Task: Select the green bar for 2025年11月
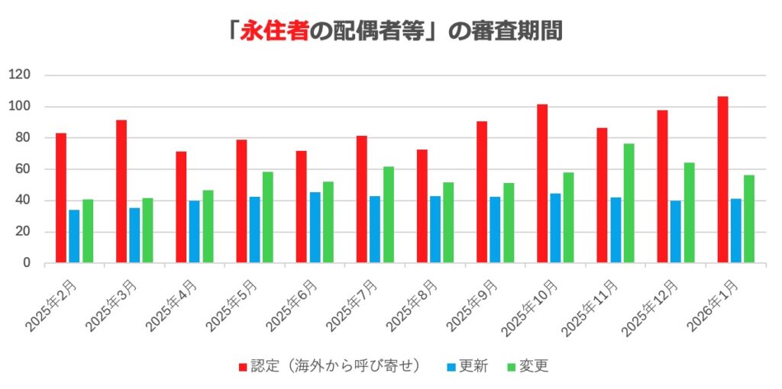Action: (629, 204)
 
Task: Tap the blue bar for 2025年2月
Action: (74, 236)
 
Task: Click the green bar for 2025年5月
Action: (268, 217)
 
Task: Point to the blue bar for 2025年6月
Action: (315, 227)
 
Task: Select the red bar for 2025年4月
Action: (181, 207)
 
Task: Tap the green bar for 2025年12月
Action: (689, 213)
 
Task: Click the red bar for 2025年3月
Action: (121, 191)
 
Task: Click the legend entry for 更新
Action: (473, 366)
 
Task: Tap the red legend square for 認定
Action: (243, 367)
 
